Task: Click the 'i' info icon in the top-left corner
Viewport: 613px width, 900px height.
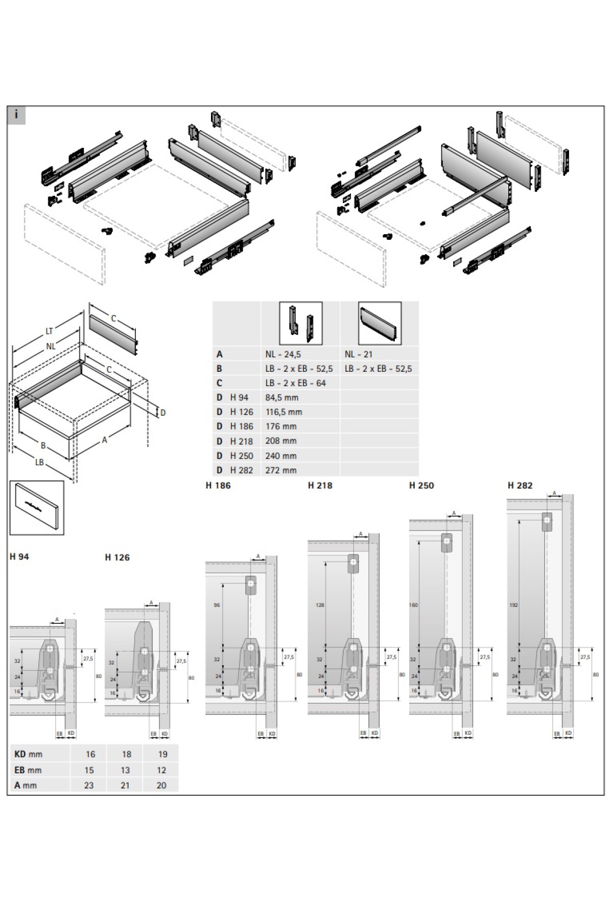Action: point(16,114)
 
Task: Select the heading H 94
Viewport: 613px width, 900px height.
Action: point(19,557)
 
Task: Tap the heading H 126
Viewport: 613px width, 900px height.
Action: point(117,557)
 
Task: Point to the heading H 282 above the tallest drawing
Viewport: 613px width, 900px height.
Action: point(520,485)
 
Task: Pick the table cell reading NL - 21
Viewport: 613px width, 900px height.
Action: point(359,354)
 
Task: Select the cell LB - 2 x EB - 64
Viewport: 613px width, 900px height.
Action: point(295,383)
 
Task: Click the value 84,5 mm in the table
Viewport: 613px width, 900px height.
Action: point(282,397)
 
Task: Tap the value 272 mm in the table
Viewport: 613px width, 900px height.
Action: point(281,470)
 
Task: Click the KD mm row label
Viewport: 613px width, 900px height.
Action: point(29,754)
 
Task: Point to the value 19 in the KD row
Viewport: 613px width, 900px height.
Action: point(162,754)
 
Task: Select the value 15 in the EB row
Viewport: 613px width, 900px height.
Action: point(89,770)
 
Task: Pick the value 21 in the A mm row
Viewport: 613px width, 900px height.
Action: point(125,785)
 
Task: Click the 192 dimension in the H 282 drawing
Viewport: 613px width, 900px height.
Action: point(514,605)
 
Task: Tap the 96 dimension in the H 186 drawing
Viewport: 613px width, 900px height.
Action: point(217,605)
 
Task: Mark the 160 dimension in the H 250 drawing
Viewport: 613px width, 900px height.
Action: point(413,605)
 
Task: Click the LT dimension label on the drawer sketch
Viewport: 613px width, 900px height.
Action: point(49,332)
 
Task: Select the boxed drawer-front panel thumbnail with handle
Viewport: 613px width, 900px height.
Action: point(37,508)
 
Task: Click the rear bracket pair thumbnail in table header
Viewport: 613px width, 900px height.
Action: point(300,323)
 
